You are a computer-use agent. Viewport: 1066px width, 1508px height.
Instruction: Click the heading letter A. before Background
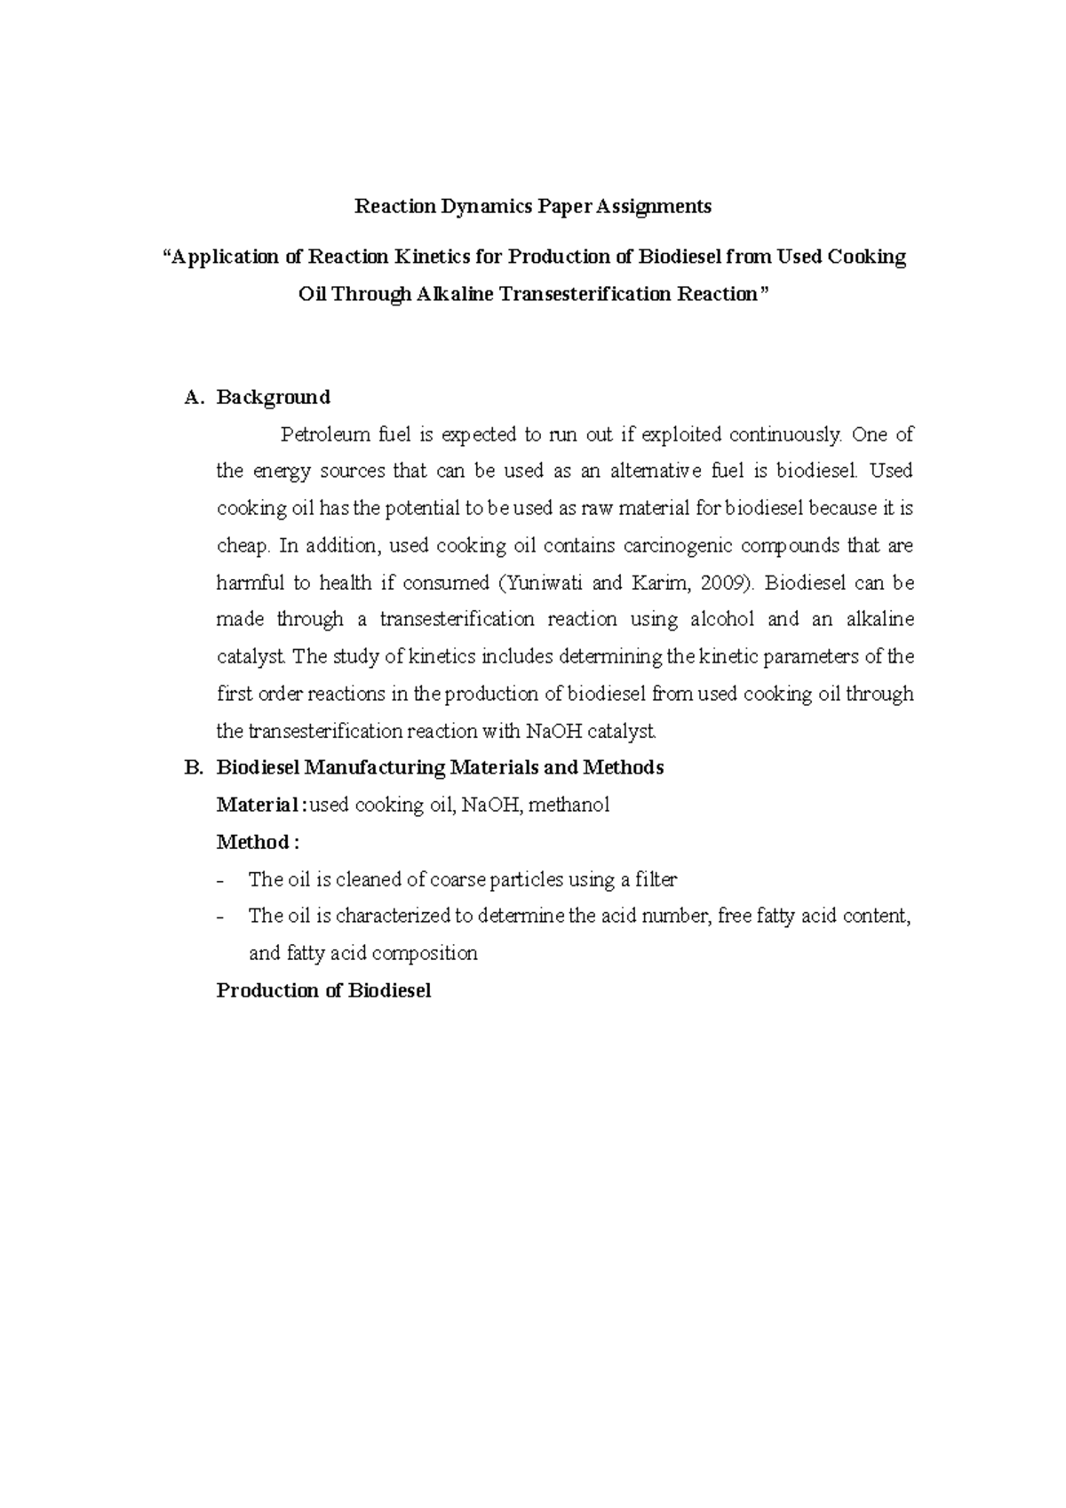tap(194, 397)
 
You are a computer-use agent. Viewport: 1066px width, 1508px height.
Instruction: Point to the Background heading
tap(274, 397)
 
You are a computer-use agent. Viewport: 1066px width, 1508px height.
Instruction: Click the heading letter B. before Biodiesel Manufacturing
tap(194, 768)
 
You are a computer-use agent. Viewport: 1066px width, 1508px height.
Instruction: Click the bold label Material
tap(258, 806)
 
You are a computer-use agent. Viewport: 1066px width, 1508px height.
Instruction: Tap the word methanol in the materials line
tap(569, 806)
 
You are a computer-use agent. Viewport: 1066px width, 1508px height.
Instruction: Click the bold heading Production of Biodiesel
tap(323, 991)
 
